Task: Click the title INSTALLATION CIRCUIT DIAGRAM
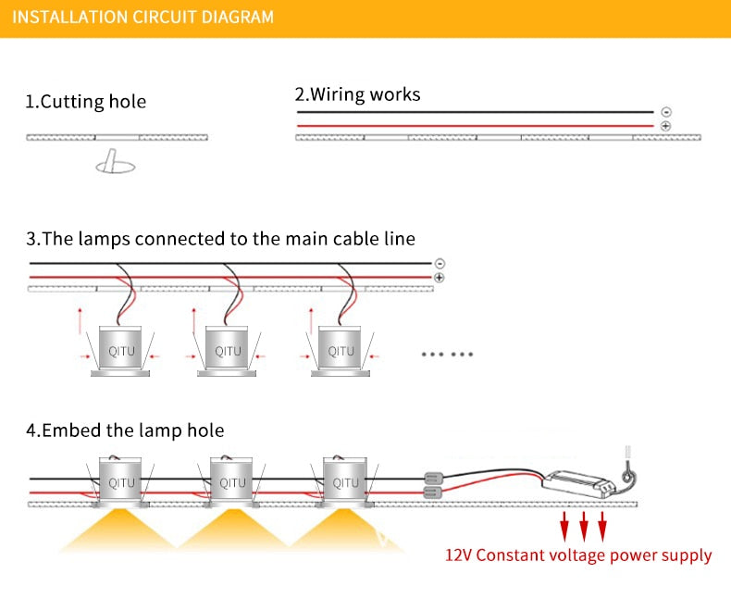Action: coord(143,18)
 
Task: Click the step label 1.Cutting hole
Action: coord(85,102)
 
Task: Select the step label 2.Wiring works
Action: coord(357,94)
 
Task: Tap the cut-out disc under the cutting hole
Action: coord(115,167)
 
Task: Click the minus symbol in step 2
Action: coord(666,112)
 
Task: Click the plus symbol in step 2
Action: coord(666,125)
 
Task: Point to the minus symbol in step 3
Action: coord(439,263)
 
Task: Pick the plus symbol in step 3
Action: coord(439,277)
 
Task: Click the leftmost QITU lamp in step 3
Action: coord(121,351)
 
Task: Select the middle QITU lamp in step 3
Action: coord(228,351)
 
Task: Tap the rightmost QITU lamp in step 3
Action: coord(341,351)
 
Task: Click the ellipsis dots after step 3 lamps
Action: coord(448,354)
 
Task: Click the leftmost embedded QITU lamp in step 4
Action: coord(121,482)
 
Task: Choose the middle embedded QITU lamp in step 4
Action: coord(232,482)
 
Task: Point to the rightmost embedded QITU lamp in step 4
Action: coord(345,482)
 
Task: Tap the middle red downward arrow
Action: coord(584,528)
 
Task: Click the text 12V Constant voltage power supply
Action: coord(578,556)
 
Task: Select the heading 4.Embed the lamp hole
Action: coord(125,430)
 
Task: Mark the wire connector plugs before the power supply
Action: coord(431,486)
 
